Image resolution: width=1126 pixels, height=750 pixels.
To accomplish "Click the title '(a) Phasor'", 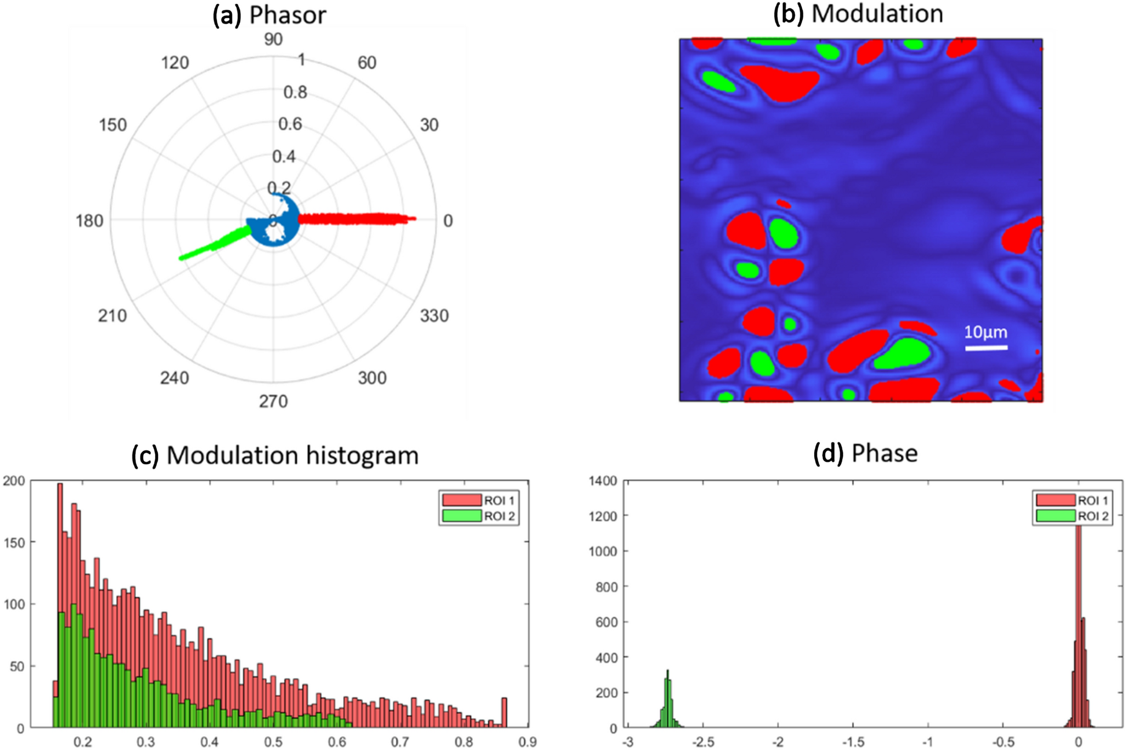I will click(x=270, y=14).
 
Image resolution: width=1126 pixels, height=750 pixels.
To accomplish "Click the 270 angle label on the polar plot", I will click(x=273, y=401).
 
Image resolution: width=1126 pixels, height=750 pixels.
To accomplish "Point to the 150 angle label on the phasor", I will click(x=112, y=125).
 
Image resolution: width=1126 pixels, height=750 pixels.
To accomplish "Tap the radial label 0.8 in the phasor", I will click(x=295, y=93).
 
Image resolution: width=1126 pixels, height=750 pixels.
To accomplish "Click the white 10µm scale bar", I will click(x=986, y=348).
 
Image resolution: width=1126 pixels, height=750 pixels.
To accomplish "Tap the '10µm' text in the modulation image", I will click(x=985, y=332).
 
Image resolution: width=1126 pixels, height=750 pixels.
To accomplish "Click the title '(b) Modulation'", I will click(x=858, y=13).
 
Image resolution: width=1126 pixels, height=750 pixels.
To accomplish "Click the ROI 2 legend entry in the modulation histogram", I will click(x=479, y=516).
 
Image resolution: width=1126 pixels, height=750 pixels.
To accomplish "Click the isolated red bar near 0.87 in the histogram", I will click(x=504, y=712).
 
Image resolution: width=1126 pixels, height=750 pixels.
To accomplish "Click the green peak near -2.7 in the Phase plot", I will click(x=668, y=700).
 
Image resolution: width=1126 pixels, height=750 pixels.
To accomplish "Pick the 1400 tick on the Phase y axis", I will click(x=603, y=481).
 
